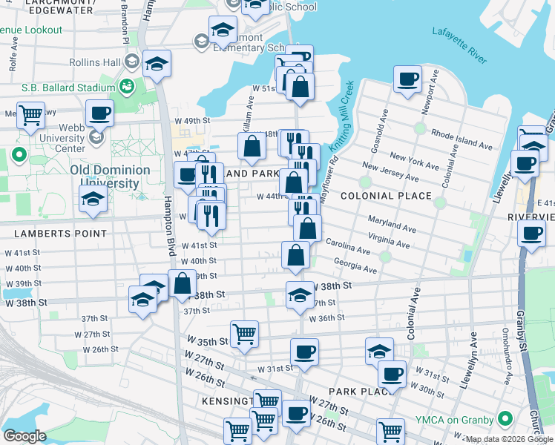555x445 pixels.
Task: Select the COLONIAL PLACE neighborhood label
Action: (x=386, y=196)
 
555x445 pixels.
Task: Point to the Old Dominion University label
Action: (x=110, y=177)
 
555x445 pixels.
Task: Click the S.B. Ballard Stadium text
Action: (x=68, y=88)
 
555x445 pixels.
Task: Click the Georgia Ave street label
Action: (x=355, y=266)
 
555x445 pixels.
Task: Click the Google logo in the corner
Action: (x=24, y=436)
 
